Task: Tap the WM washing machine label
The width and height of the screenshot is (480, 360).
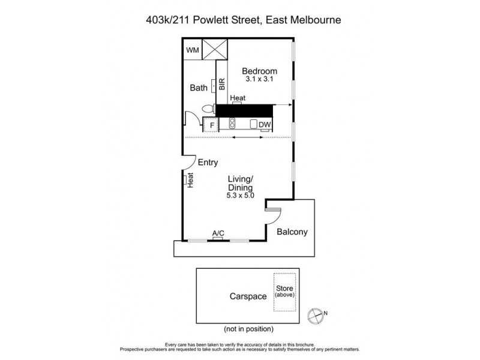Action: click(x=192, y=50)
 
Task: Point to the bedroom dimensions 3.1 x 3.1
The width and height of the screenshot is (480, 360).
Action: click(x=259, y=79)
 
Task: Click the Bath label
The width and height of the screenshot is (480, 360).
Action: click(x=199, y=88)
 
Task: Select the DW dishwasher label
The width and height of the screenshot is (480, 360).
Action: click(x=264, y=125)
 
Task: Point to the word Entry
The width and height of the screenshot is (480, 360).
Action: click(x=207, y=162)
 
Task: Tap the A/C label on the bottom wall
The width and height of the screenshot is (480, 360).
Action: click(x=218, y=233)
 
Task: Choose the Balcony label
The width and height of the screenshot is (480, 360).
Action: click(x=293, y=232)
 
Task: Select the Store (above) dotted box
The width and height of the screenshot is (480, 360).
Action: click(x=285, y=292)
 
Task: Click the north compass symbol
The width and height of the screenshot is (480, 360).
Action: click(x=315, y=314)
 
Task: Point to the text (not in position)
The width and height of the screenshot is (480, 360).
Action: click(x=248, y=328)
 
